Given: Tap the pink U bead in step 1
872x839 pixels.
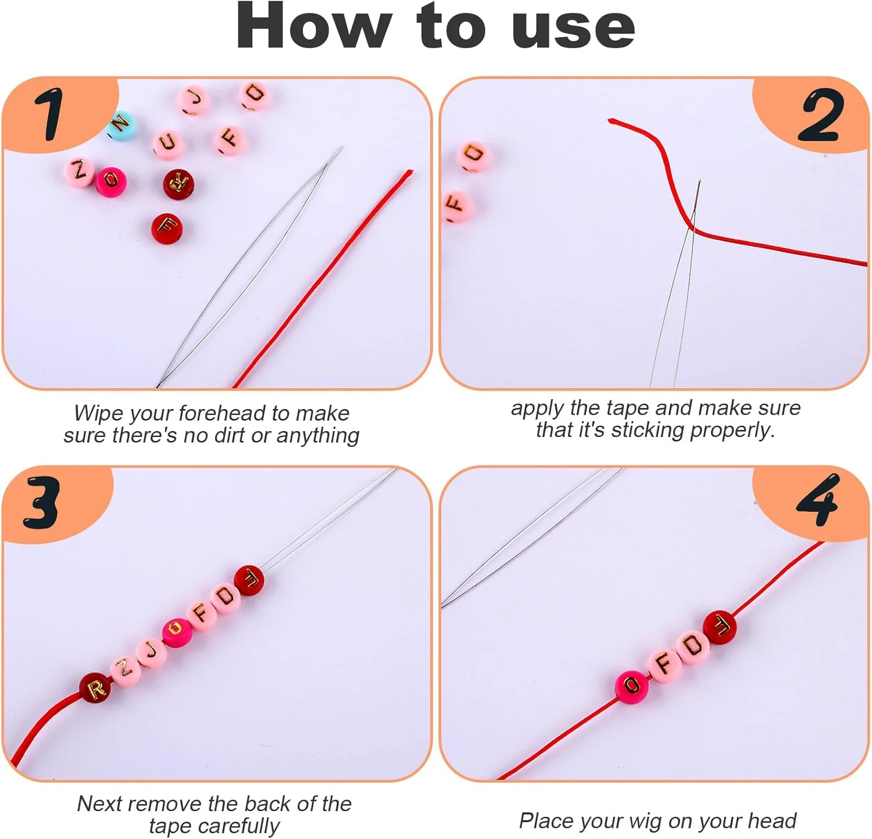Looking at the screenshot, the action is (x=168, y=143).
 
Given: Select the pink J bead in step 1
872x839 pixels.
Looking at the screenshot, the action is (x=194, y=100).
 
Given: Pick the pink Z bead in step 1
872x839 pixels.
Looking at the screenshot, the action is (x=79, y=171).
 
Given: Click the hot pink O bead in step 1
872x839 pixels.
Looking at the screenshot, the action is (x=111, y=182).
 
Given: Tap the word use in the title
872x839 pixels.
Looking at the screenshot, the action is (x=574, y=30).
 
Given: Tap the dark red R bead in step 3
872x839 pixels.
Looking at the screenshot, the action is (x=95, y=689).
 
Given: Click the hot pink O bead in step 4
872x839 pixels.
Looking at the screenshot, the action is (x=632, y=686).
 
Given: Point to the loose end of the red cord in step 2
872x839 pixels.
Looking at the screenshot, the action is (x=611, y=121).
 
